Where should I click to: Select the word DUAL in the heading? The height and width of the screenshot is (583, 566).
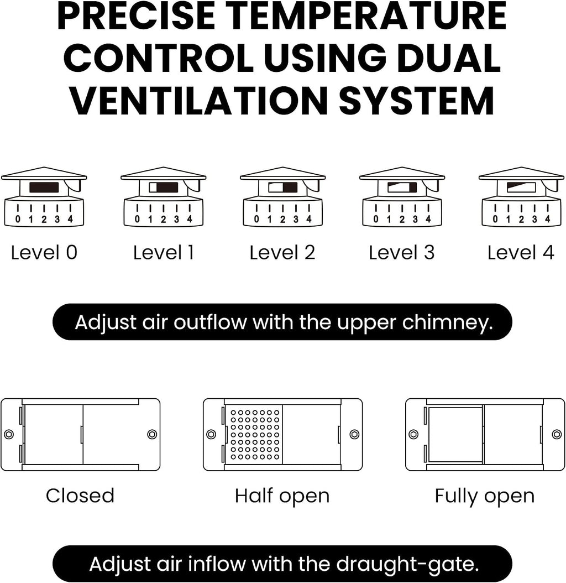coord(449,58)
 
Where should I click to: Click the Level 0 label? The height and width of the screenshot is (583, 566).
coord(44,252)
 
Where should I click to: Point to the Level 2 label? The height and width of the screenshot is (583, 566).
coord(282,252)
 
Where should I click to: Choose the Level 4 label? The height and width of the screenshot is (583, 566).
coord(521,252)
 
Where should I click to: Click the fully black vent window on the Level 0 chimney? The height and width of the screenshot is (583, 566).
coord(44,188)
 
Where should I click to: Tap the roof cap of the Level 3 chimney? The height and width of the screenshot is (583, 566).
coord(402,174)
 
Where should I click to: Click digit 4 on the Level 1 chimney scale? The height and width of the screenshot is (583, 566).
coord(190,220)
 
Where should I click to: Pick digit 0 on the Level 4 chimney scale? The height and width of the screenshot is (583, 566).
coord(495,220)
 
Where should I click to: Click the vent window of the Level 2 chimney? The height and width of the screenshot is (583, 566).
coord(282,188)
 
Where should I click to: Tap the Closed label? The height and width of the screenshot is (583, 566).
coord(80,496)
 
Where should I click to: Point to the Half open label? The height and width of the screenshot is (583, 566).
coord(282,496)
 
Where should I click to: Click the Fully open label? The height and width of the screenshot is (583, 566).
coord(485,496)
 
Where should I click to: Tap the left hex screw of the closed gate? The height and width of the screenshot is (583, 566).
coord(9,434)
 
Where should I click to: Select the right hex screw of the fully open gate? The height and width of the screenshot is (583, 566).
coord(557,434)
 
